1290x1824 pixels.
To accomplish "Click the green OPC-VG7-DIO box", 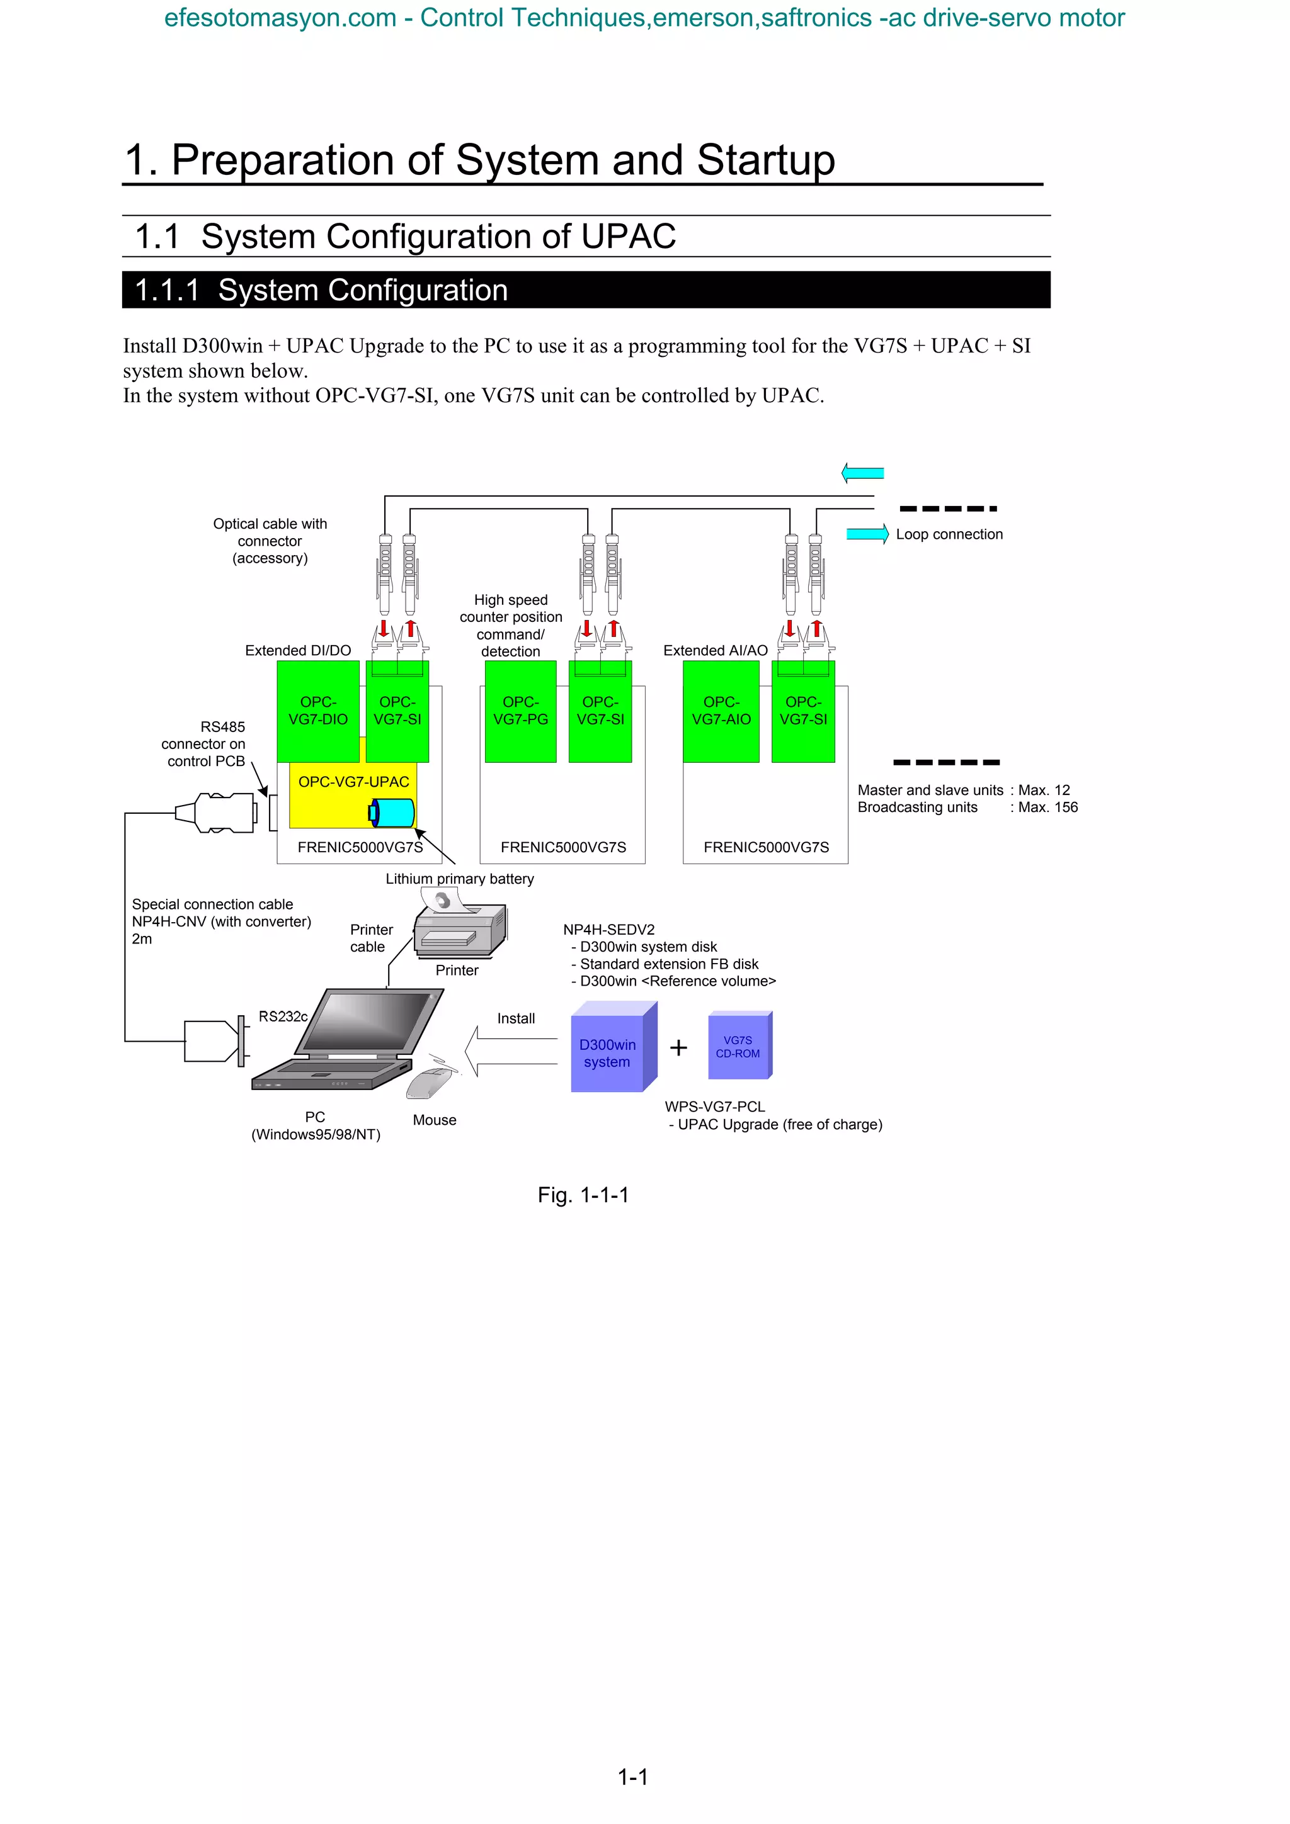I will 318,711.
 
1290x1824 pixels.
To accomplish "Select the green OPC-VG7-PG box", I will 521,711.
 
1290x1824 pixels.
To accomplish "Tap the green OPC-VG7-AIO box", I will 721,711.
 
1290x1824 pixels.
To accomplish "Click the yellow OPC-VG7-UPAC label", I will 354,782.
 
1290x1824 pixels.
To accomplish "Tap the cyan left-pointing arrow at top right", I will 862,473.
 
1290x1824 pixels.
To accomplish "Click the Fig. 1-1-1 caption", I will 583,1195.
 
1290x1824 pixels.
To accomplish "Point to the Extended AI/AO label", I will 716,651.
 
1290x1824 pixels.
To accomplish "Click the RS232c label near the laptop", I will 283,1016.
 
